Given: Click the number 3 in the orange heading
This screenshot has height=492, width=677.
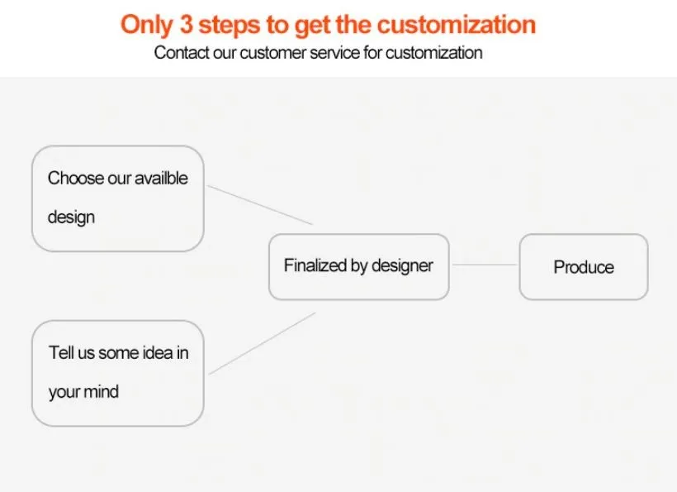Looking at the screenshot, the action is [186, 24].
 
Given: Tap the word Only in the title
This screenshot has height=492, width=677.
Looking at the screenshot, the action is [147, 25].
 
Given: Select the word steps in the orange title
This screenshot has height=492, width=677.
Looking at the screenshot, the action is [230, 26].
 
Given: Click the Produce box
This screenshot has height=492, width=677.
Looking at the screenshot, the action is [584, 267].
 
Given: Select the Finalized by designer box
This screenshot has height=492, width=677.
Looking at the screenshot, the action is [359, 267].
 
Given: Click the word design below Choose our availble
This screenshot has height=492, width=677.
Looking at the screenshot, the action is [71, 217].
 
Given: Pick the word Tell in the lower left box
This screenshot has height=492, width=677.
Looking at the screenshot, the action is [61, 352].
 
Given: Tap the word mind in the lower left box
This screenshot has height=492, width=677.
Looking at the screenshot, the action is [101, 392].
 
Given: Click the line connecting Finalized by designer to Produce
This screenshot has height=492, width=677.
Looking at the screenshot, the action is [485, 265].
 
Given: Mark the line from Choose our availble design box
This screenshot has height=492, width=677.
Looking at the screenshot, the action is [260, 205].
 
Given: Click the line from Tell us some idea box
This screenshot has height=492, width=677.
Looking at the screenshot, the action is [263, 343].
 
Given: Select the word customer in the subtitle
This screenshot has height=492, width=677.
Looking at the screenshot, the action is [272, 53].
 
